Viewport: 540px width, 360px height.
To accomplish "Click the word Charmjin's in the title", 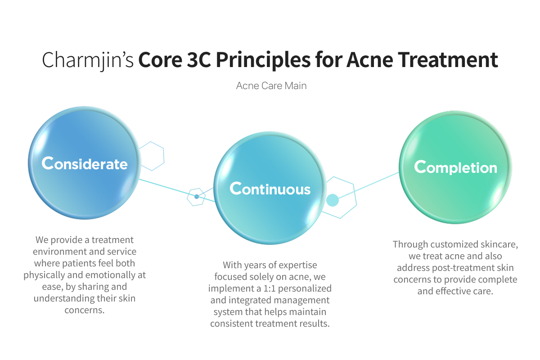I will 88,61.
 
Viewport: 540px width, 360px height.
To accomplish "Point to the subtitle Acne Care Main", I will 271,85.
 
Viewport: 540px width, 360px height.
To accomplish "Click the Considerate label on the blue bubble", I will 85,163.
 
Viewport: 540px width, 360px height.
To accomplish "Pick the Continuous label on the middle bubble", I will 270,189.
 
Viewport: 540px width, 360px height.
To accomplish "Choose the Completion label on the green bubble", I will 455,167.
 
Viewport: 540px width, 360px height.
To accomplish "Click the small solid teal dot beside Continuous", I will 332,200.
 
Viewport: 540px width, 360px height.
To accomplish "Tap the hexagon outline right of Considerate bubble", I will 152,156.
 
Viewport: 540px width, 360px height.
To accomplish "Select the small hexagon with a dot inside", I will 196,197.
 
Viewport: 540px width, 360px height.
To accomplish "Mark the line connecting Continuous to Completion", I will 369,184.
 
